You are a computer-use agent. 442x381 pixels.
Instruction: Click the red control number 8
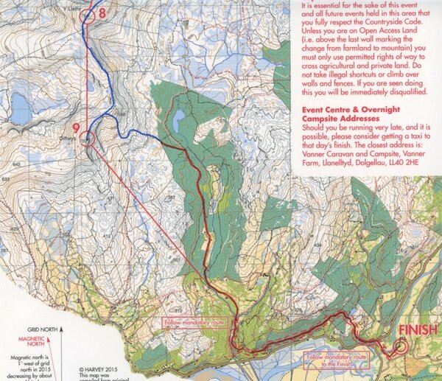102,13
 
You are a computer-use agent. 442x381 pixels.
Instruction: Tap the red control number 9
76,127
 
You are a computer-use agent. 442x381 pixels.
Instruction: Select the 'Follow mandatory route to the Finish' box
340,360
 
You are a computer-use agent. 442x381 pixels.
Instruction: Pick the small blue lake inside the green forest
178,121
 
